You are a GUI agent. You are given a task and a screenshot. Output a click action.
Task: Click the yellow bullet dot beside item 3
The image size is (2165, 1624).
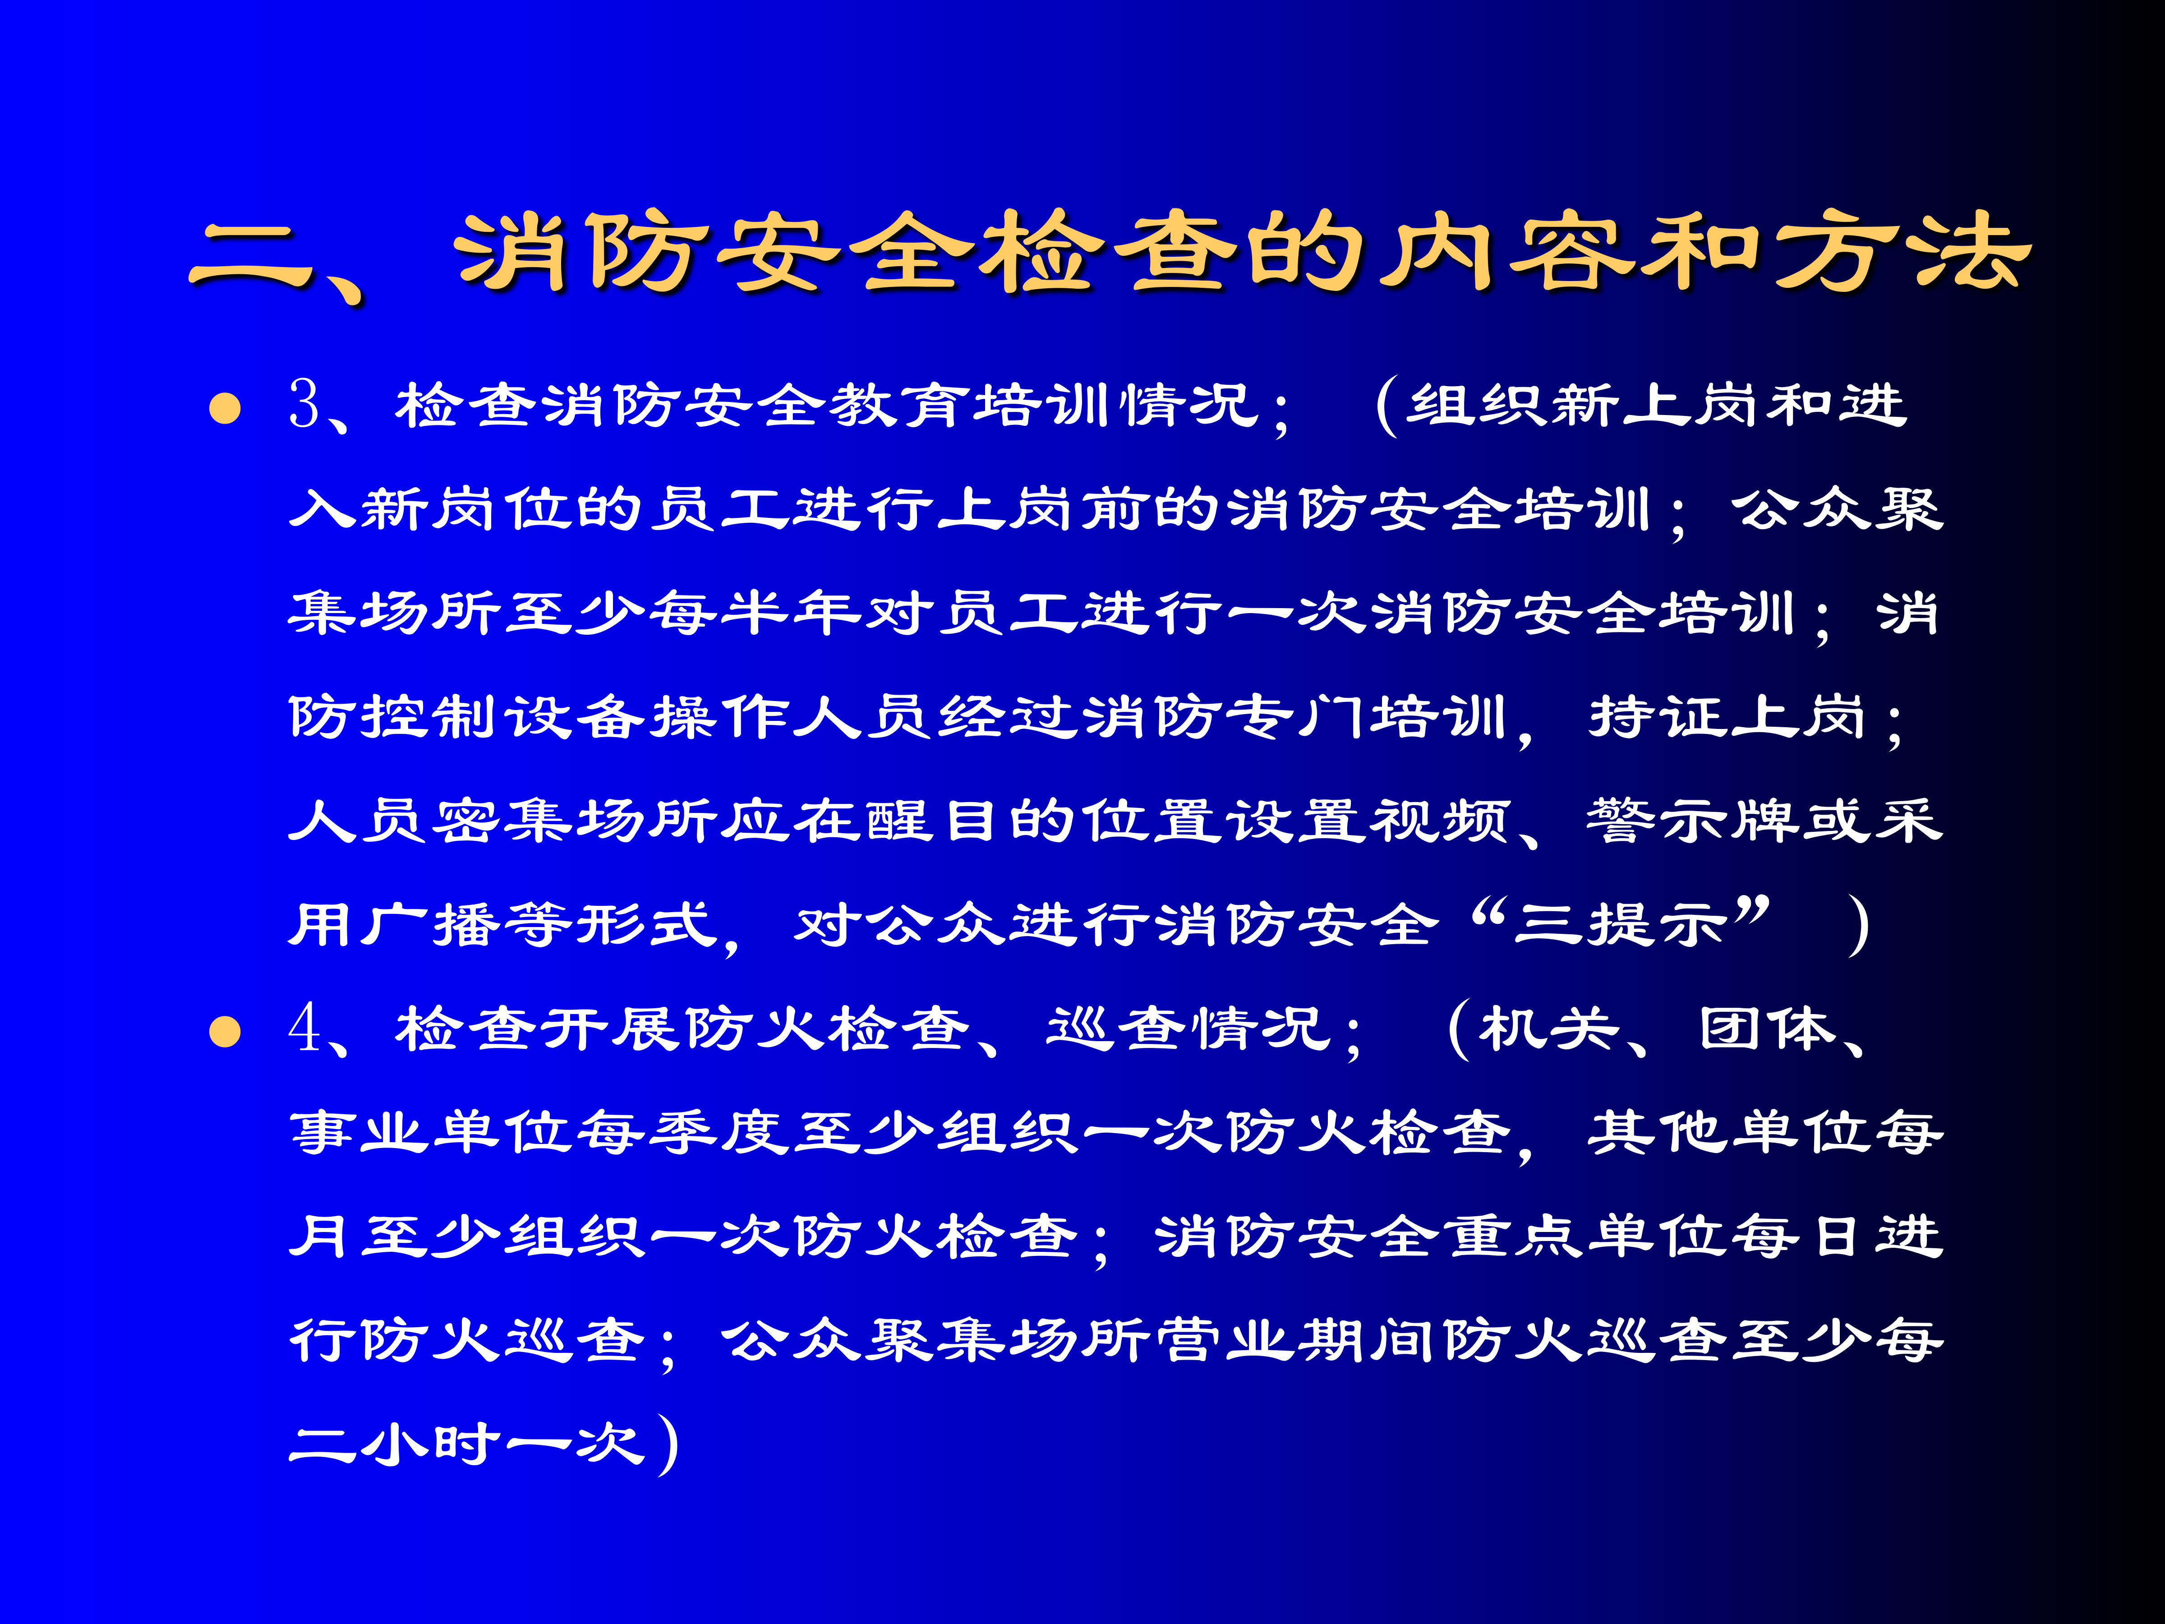click(x=225, y=408)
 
